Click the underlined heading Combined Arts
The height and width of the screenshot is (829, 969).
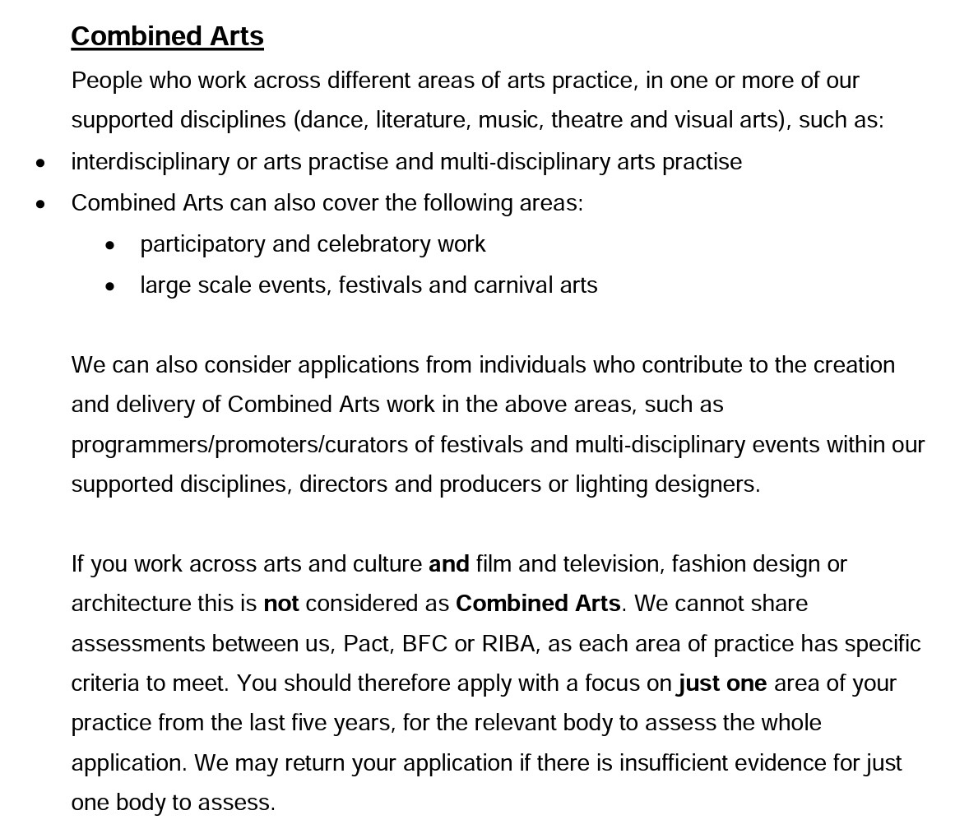[x=167, y=36]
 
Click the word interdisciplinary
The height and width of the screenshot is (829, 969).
[x=151, y=162]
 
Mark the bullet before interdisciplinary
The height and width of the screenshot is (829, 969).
[x=41, y=163]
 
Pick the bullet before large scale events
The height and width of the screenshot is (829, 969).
[x=111, y=286]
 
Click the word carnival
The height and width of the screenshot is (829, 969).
[x=513, y=285]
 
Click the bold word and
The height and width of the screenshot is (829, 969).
[x=449, y=564]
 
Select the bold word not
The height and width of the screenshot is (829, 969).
[x=280, y=604]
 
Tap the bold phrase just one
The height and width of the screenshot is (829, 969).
[x=722, y=683]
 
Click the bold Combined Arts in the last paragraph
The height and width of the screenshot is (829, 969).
[x=538, y=604]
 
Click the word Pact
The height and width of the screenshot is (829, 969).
[x=366, y=644]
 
